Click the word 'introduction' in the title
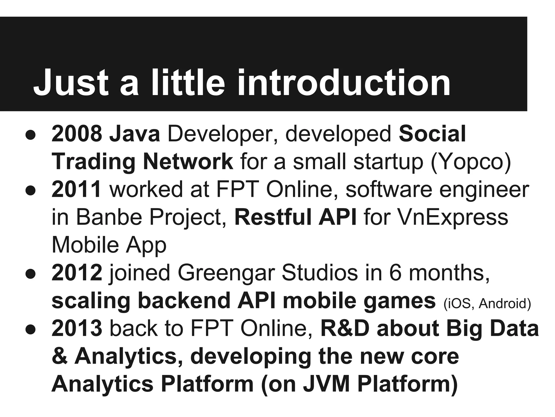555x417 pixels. (x=344, y=83)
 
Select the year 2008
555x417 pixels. (x=77, y=134)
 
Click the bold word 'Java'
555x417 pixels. (x=134, y=134)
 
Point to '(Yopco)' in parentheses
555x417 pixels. (x=470, y=162)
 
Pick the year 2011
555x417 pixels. (x=76, y=189)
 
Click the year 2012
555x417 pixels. (x=77, y=273)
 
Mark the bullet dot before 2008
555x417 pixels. (x=31, y=135)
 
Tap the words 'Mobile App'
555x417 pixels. (x=109, y=245)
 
